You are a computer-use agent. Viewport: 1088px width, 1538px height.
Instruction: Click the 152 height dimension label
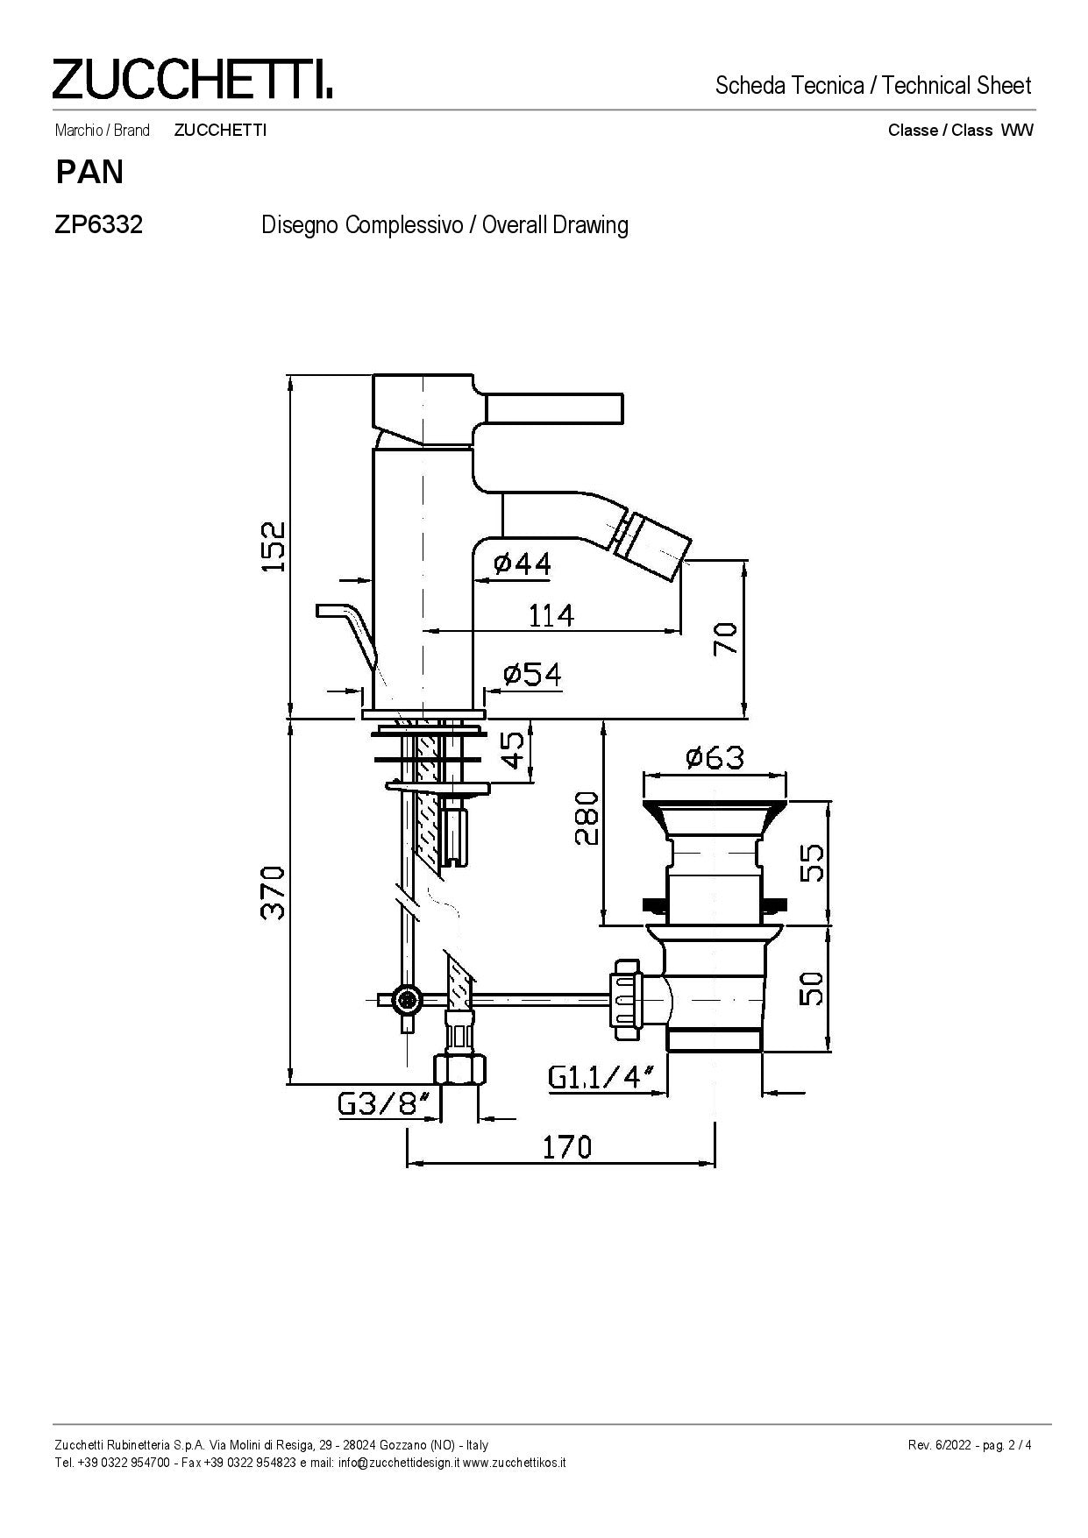pos(274,546)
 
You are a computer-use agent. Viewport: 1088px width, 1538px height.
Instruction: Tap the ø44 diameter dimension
pos(523,563)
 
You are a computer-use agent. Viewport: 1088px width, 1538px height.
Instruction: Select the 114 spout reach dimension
pos(551,615)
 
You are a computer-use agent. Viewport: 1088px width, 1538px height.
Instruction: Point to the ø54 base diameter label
pos(532,674)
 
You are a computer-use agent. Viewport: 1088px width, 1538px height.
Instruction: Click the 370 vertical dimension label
pos(274,892)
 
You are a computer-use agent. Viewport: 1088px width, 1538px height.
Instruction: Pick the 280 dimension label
pos(587,818)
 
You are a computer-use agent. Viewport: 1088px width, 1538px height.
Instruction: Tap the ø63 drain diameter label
pos(715,756)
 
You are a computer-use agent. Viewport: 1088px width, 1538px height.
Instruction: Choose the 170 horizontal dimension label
pos(566,1146)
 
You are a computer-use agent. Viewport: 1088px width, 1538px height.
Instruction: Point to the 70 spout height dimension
pos(726,639)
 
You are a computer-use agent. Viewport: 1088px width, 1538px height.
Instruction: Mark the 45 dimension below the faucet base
pos(516,750)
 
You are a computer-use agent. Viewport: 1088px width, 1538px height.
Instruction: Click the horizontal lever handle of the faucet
pos(554,408)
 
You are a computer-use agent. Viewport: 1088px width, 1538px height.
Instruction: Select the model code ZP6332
pos(99,225)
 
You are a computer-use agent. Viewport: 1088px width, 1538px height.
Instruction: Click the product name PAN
pos(89,172)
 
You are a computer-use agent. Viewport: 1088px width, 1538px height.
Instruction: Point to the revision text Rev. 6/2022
pos(940,1445)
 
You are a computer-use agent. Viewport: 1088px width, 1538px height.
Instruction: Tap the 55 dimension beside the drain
pos(812,862)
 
